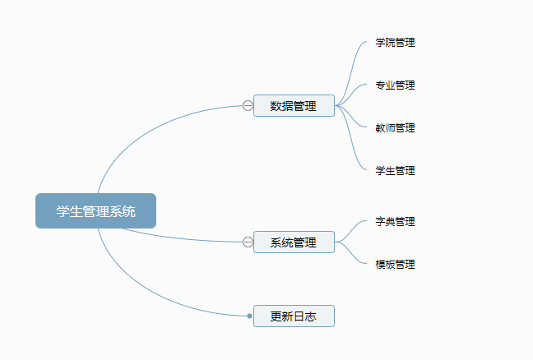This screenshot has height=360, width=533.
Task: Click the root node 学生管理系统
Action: click(x=95, y=210)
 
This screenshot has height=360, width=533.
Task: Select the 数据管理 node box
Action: click(x=294, y=105)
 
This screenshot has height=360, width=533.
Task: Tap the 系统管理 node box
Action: click(x=294, y=242)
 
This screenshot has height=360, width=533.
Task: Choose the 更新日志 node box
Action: click(x=294, y=316)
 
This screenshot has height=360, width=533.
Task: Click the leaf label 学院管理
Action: click(x=395, y=43)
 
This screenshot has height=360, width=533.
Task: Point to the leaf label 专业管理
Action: click(x=395, y=85)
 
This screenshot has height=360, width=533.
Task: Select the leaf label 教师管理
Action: click(x=395, y=128)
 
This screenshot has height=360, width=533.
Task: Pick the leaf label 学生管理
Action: click(x=395, y=171)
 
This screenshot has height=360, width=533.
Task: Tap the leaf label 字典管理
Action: click(x=395, y=222)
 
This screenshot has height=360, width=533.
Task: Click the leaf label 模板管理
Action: click(x=395, y=265)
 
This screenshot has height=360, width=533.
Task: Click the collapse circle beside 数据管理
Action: click(x=248, y=105)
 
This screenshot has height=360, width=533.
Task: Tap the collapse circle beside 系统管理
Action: click(x=248, y=242)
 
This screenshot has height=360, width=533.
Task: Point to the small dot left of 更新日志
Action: click(x=249, y=316)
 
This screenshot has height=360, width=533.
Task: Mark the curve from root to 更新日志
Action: click(x=148, y=297)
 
